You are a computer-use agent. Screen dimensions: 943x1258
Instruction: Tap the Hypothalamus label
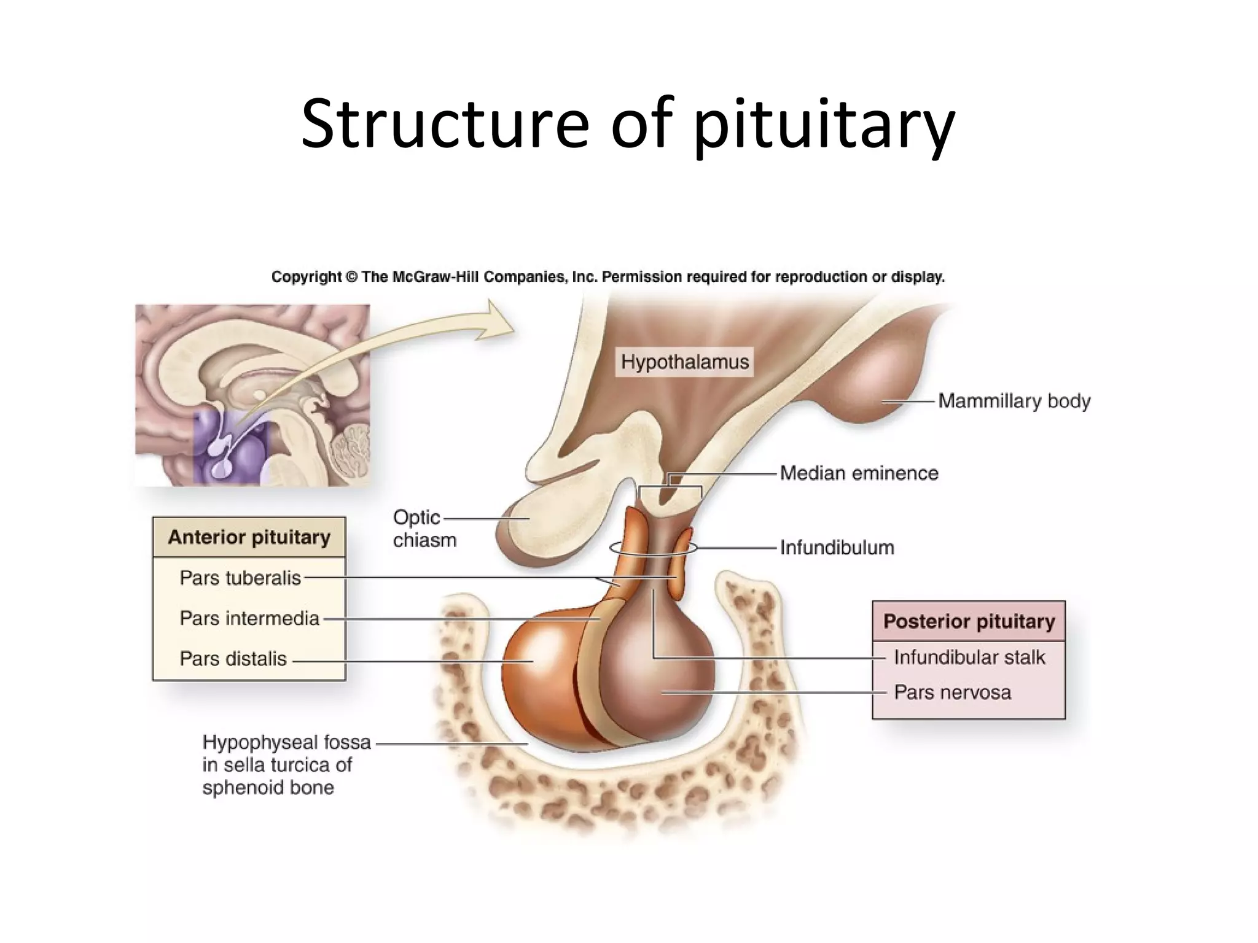(684, 362)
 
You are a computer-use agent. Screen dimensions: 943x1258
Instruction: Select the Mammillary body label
(1014, 401)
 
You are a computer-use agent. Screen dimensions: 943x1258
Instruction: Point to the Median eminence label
(859, 473)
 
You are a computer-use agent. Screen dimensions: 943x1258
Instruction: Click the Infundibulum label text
(837, 547)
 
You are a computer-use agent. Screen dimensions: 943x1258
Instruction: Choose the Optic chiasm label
(424, 529)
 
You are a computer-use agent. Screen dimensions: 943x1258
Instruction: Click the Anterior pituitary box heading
(249, 537)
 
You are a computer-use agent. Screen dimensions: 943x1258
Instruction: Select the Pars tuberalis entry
(240, 578)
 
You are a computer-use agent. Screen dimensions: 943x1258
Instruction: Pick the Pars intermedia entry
(249, 618)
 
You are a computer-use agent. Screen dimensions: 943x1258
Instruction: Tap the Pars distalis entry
(233, 659)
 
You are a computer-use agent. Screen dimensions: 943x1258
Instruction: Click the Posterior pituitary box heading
(969, 621)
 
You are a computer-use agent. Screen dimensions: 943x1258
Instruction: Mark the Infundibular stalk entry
(969, 658)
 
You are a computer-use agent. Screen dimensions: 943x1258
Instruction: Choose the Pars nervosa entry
(952, 693)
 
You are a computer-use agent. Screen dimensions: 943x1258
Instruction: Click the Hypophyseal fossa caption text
(286, 764)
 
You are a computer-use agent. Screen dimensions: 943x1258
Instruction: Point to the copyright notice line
(608, 277)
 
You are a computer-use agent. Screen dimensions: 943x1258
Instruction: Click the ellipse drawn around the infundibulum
(615, 548)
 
